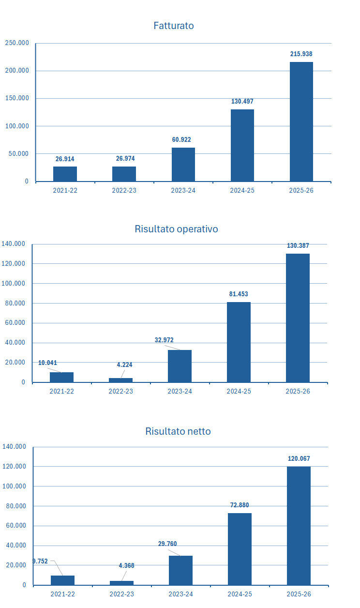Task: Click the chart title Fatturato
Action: click(x=174, y=26)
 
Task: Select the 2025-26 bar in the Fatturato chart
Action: click(x=301, y=122)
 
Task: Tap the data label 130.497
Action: click(x=242, y=102)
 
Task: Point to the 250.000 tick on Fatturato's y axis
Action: click(x=17, y=43)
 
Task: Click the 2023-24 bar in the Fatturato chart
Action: click(x=183, y=165)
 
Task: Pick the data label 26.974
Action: click(x=125, y=159)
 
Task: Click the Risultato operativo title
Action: click(x=176, y=229)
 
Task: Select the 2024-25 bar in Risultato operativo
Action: click(x=239, y=342)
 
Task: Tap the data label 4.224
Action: click(x=124, y=365)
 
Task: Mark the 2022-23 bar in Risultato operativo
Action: click(x=120, y=380)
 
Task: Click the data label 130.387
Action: click(x=298, y=246)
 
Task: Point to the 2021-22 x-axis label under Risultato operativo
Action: click(x=61, y=391)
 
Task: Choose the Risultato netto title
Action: click(x=178, y=431)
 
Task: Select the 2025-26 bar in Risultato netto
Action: click(x=299, y=525)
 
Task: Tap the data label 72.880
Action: click(x=240, y=505)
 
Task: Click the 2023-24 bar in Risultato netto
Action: click(x=180, y=570)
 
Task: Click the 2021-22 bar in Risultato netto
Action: click(x=62, y=580)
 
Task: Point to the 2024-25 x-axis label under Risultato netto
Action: click(x=240, y=594)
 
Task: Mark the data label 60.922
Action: click(x=181, y=140)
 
